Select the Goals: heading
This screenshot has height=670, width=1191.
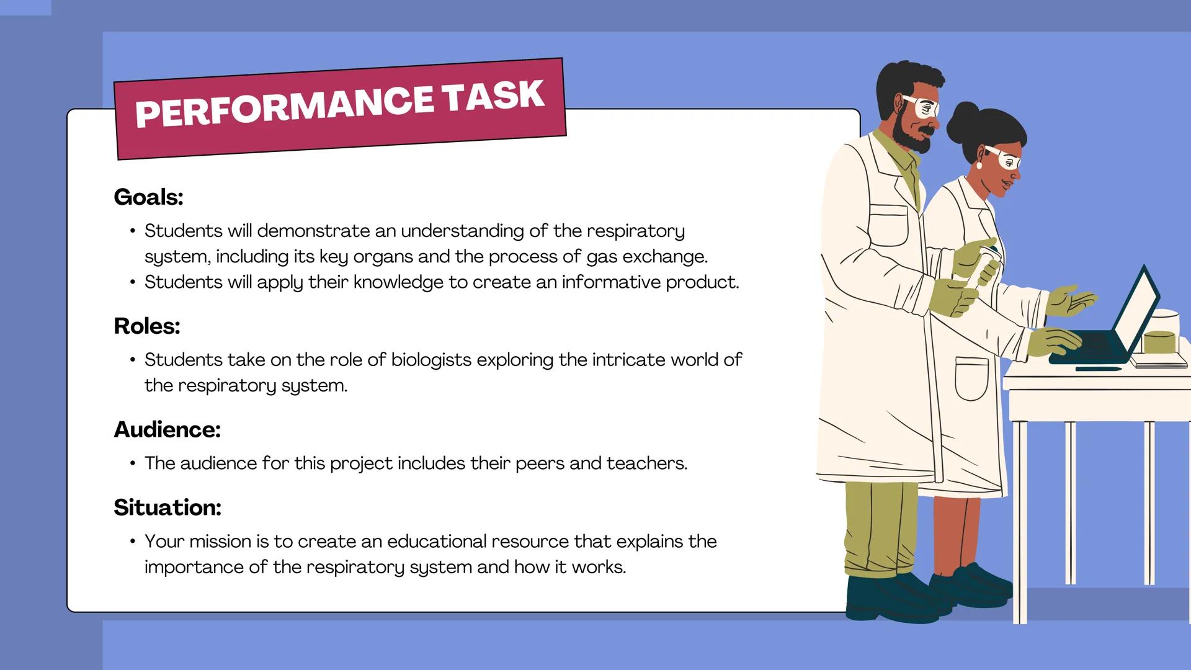tap(148, 197)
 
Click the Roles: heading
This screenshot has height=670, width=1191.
tap(147, 326)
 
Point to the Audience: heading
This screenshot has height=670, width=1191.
tap(167, 429)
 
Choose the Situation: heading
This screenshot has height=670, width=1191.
tap(167, 507)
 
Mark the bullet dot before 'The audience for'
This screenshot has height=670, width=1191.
tap(133, 463)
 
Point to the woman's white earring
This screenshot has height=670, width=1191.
tap(979, 166)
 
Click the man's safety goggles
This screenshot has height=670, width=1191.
tap(922, 107)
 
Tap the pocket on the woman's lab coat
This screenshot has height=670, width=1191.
tap(971, 378)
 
